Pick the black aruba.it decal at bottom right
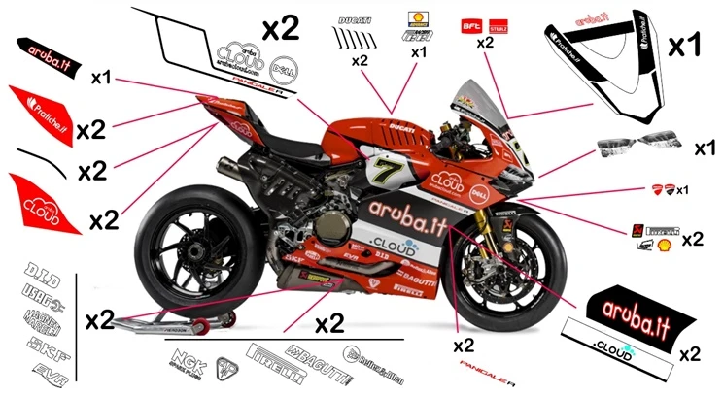click(x=634, y=312)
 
